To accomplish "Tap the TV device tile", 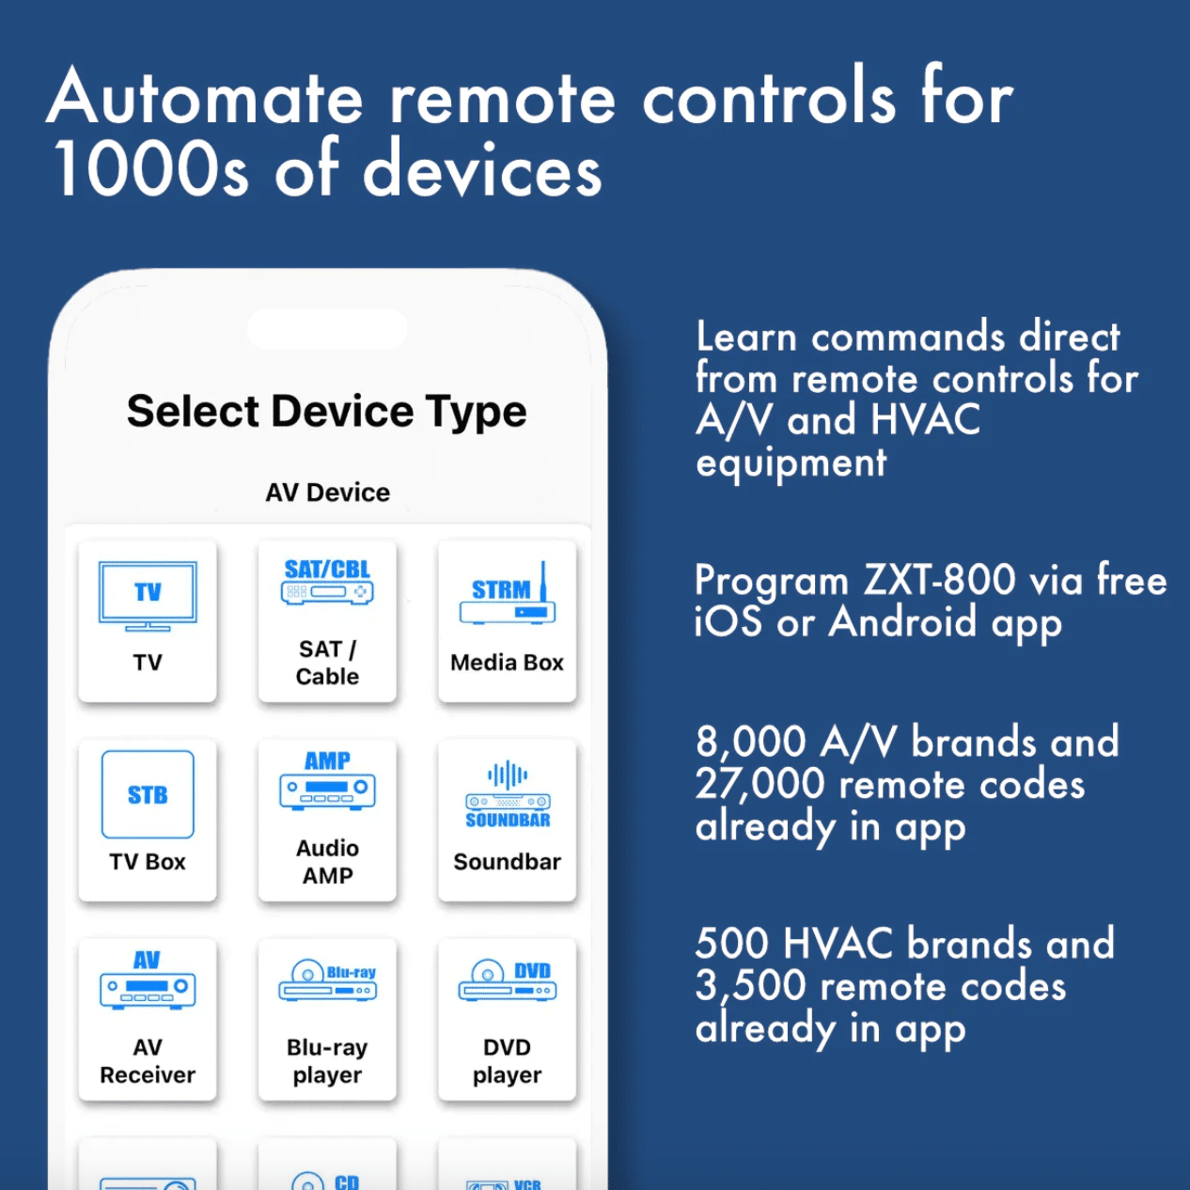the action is pyautogui.click(x=148, y=620).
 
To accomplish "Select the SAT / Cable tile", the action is pyautogui.click(x=327, y=620).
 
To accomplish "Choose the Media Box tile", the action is pyautogui.click(x=507, y=620).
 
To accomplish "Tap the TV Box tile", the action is pyautogui.click(x=148, y=820).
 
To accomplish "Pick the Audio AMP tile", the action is pyautogui.click(x=327, y=820).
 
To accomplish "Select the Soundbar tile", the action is pyautogui.click(x=507, y=820).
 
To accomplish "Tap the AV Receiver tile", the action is pyautogui.click(x=148, y=1019).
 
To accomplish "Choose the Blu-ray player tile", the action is pyautogui.click(x=327, y=1019).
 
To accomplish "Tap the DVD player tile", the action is pyautogui.click(x=507, y=1019).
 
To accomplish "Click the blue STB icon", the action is pyautogui.click(x=148, y=794).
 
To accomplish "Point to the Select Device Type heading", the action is pyautogui.click(x=327, y=412).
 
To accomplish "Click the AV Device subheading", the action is pyautogui.click(x=327, y=493).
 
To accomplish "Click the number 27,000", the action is pyautogui.click(x=759, y=785).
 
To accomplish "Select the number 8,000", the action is pyautogui.click(x=750, y=743).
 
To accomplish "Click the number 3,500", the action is pyautogui.click(x=750, y=986).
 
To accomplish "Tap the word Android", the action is pyautogui.click(x=903, y=622).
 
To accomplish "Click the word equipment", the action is pyautogui.click(x=791, y=462).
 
